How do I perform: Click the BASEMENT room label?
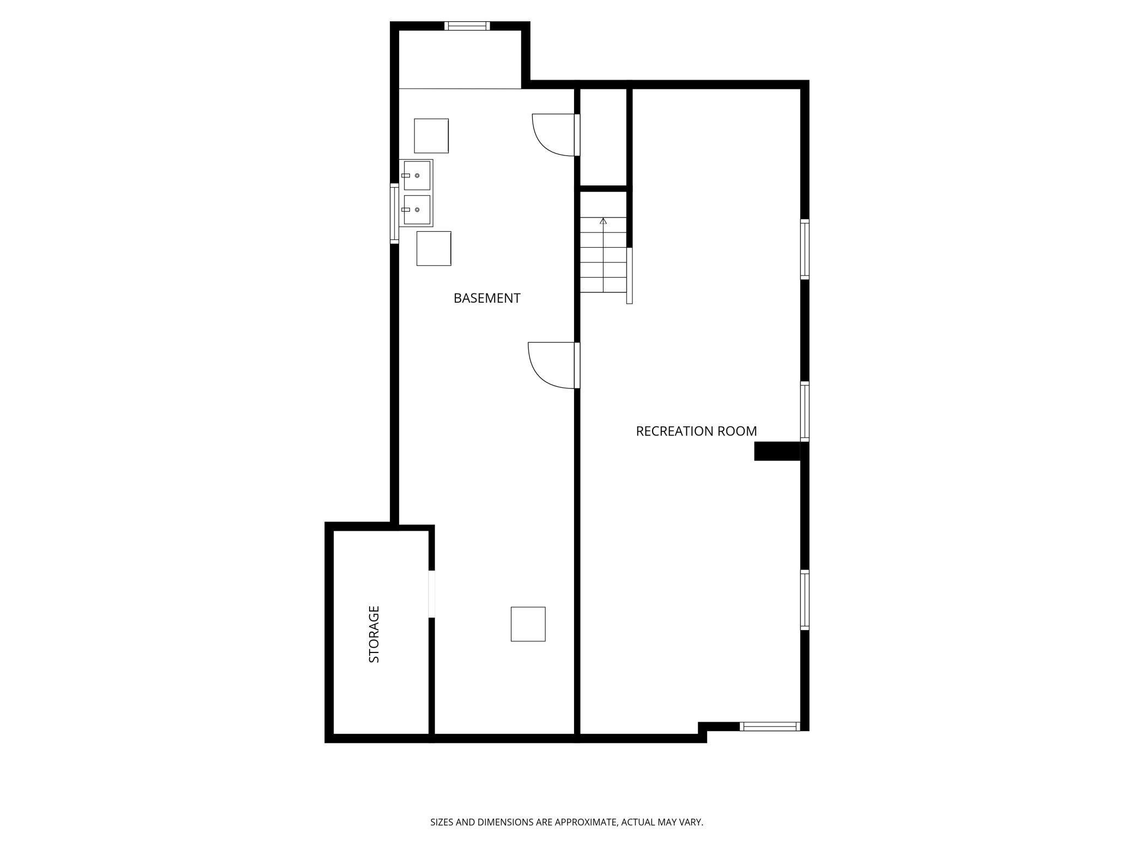(487, 298)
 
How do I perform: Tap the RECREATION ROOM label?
(696, 432)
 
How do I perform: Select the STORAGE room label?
(374, 634)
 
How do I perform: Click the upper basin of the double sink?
(417, 176)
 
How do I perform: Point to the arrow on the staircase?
(603, 221)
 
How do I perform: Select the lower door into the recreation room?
(552, 365)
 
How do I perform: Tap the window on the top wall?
(467, 26)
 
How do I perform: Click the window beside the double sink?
(394, 213)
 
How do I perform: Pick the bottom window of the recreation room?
(769, 726)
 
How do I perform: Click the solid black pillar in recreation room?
(776, 451)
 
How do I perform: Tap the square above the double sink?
(431, 136)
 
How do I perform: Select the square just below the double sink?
(434, 249)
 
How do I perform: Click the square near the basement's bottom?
(528, 624)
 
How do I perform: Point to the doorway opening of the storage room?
(432, 594)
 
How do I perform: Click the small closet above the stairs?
(603, 137)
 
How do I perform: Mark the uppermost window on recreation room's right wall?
(804, 249)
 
